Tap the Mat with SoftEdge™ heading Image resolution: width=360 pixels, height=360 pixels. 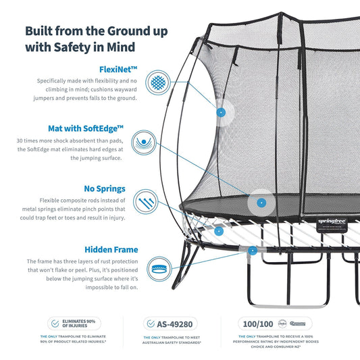86,128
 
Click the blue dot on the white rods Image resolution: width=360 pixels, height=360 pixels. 219,231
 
